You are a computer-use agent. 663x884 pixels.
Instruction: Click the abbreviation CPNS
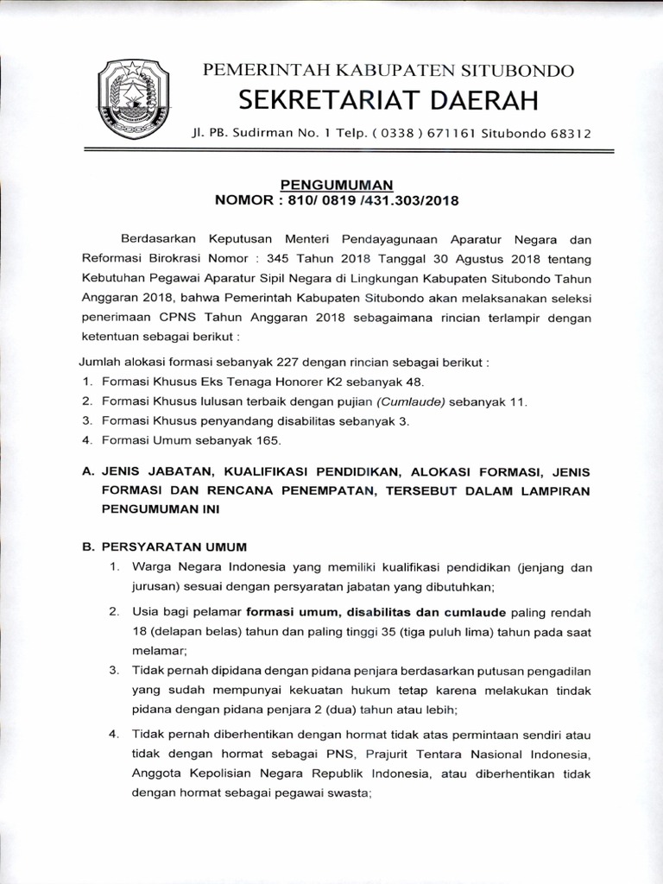pyautogui.click(x=168, y=317)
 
